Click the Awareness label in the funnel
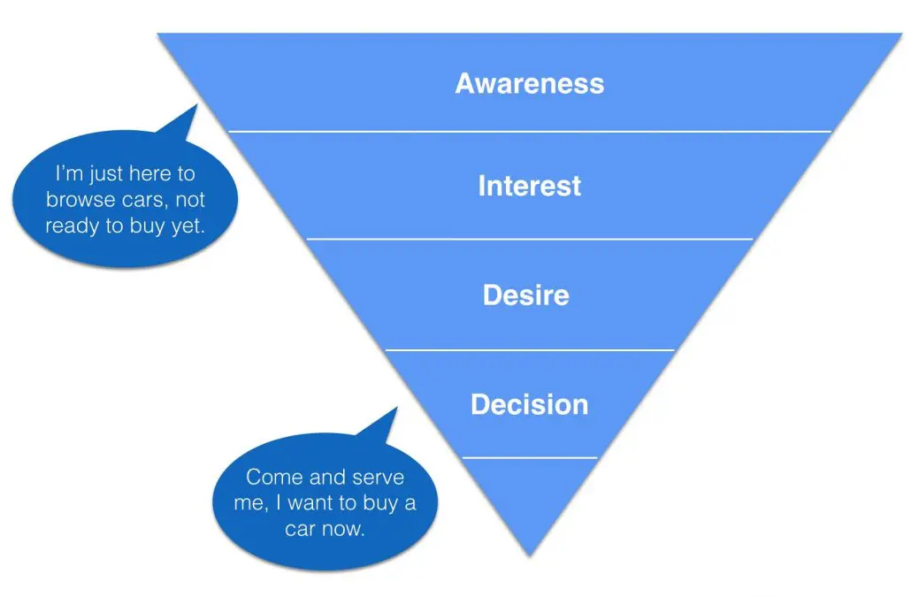[529, 83]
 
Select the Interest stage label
[529, 186]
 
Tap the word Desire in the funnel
[525, 295]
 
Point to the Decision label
[529, 404]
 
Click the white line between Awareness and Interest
[530, 132]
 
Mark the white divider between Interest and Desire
[529, 239]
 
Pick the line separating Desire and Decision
[529, 350]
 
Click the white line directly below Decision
[529, 457]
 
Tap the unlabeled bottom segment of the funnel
[529, 494]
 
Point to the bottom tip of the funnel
[529, 556]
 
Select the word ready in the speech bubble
[72, 226]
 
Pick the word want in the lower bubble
[312, 503]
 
